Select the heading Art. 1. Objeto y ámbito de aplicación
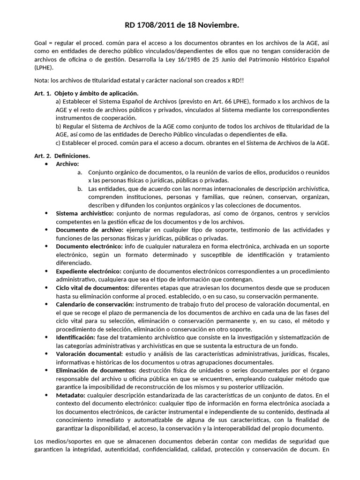coord(86,93)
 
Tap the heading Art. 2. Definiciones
coord(62,155)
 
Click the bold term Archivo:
coord(67,164)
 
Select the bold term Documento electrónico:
coord(89,247)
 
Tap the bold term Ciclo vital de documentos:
coord(92,288)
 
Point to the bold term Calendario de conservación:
coord(95,304)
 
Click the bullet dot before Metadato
coord(46,395)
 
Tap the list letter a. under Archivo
coord(80,172)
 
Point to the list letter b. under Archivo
coord(80,188)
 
